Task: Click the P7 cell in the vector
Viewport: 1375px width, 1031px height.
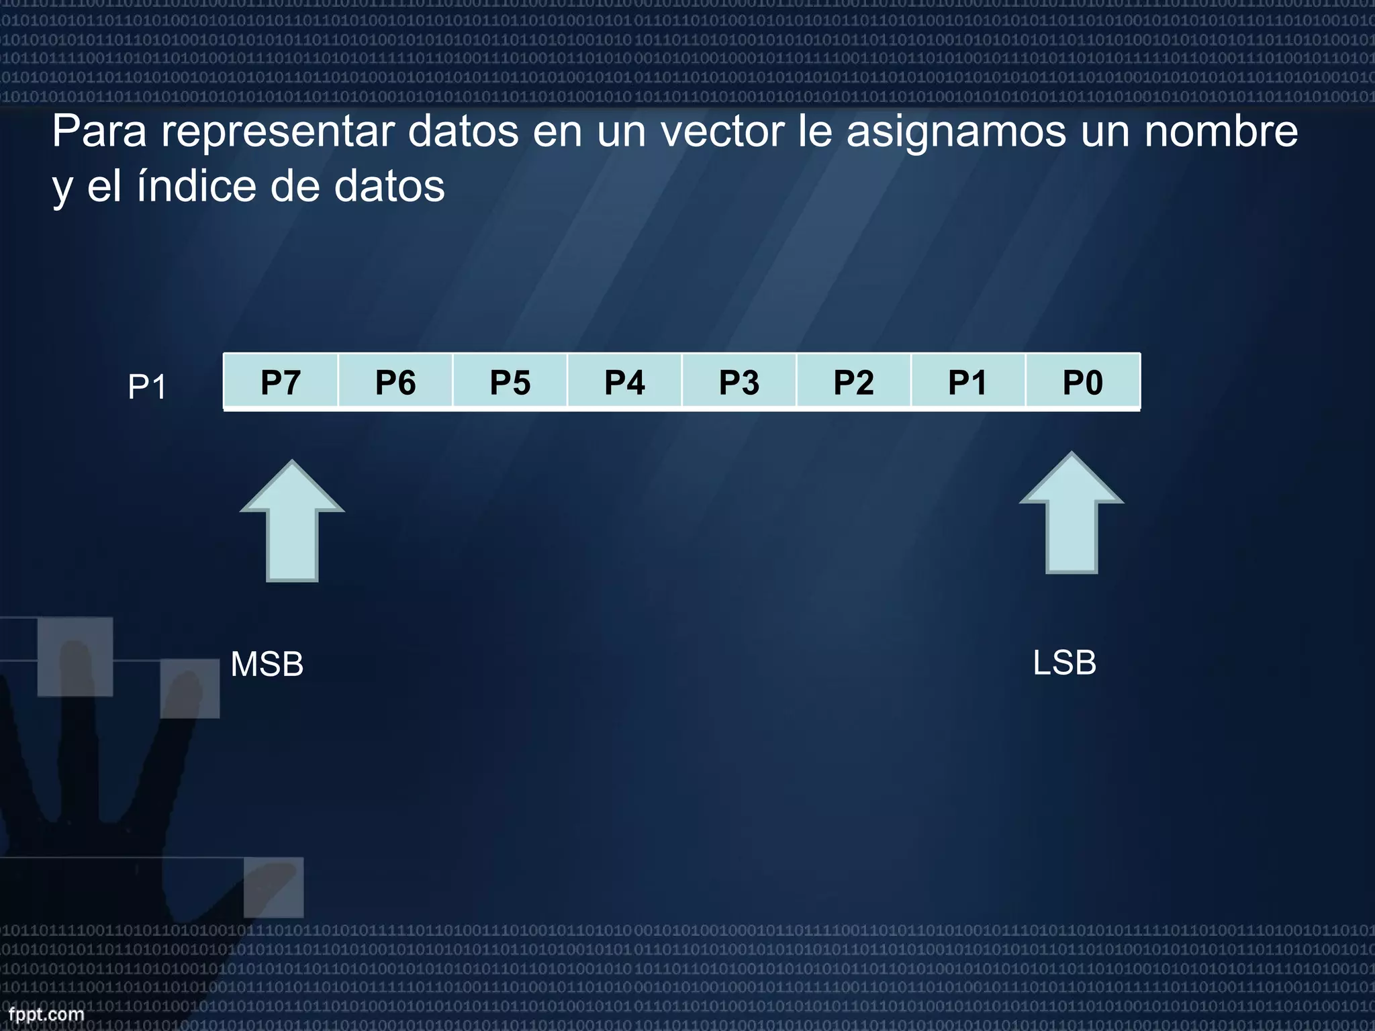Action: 281,382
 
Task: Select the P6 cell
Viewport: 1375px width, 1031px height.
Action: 395,382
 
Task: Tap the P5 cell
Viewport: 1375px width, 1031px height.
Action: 510,382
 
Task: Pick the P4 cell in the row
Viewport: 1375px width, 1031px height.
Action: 624,382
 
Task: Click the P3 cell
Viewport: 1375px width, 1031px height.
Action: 739,382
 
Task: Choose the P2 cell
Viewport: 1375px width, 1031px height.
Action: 853,382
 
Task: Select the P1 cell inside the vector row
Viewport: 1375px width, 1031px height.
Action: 968,382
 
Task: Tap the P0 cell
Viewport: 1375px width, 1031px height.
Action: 1083,382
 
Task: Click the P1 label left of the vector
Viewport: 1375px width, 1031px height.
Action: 147,387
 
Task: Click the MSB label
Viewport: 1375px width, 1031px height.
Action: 267,665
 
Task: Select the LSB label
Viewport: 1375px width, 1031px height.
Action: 1065,663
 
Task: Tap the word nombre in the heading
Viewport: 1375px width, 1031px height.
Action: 1221,131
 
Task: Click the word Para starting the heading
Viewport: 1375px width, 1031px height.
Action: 99,131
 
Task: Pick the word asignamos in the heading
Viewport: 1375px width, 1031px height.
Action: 956,132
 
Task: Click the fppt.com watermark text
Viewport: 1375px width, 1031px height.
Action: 46,1014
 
